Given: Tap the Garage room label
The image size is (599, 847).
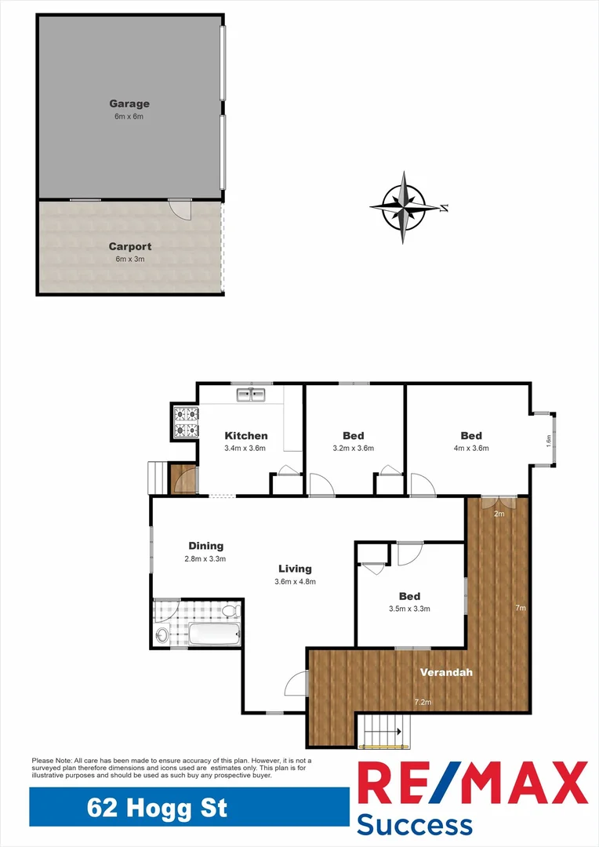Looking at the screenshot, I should click(129, 104).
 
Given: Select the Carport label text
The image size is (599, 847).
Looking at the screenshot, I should click(130, 246).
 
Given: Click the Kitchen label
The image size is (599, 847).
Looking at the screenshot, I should click(246, 436).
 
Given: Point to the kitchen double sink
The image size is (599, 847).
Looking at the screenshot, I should click(252, 394).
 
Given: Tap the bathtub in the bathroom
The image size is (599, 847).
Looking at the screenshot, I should click(214, 634).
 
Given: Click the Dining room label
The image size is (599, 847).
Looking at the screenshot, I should click(205, 546).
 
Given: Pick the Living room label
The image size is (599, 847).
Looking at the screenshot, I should click(295, 569).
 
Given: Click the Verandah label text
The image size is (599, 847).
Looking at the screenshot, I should click(446, 672).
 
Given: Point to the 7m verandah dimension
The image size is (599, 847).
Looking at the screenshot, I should click(520, 608).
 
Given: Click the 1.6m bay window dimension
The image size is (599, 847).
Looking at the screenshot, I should click(549, 442).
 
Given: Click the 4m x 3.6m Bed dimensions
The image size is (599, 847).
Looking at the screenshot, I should click(471, 449).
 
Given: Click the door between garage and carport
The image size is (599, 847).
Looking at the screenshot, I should click(180, 208).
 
